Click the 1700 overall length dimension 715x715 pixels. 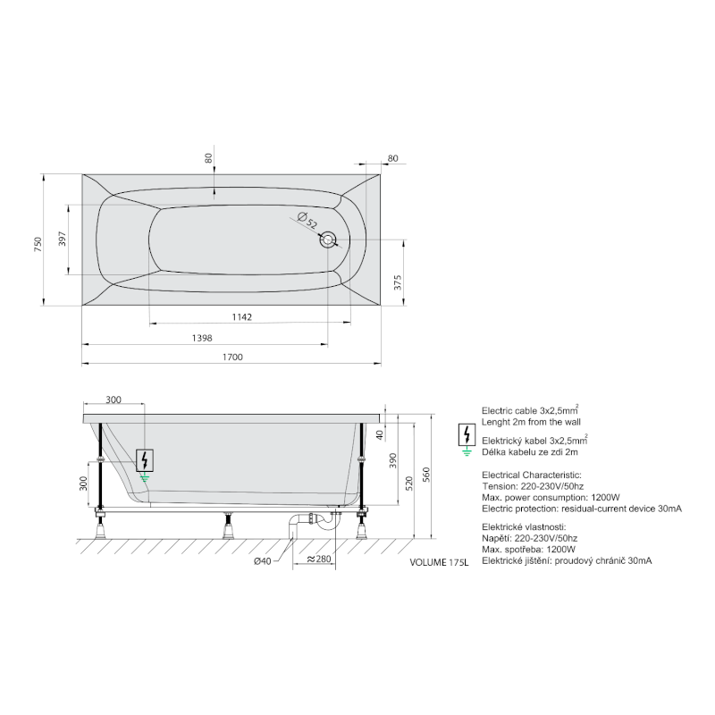(232, 357)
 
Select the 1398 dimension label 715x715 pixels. (202, 338)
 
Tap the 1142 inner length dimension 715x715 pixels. (241, 317)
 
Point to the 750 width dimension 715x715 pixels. (38, 244)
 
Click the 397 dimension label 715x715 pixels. (63, 239)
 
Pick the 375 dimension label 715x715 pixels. (398, 282)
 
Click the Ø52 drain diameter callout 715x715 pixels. (307, 220)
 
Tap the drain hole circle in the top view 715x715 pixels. (328, 240)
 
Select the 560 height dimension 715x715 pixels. (426, 475)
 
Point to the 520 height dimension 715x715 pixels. (409, 484)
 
